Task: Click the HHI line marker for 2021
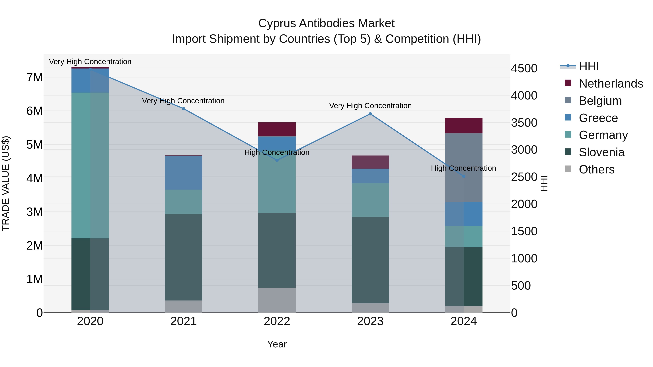tap(184, 109)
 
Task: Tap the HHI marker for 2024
tap(464, 176)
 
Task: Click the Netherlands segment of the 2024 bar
tap(464, 126)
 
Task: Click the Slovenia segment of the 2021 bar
tap(184, 257)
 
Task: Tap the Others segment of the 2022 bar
tap(277, 300)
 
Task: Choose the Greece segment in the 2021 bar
tap(184, 173)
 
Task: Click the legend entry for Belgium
tap(600, 101)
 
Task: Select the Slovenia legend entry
tap(601, 152)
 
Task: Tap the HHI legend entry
tap(589, 66)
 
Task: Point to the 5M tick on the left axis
tap(35, 145)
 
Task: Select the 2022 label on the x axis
tap(277, 321)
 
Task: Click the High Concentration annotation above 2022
tap(277, 152)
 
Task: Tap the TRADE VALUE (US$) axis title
tap(6, 183)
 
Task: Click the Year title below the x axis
tap(277, 344)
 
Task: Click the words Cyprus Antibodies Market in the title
tap(326, 23)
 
